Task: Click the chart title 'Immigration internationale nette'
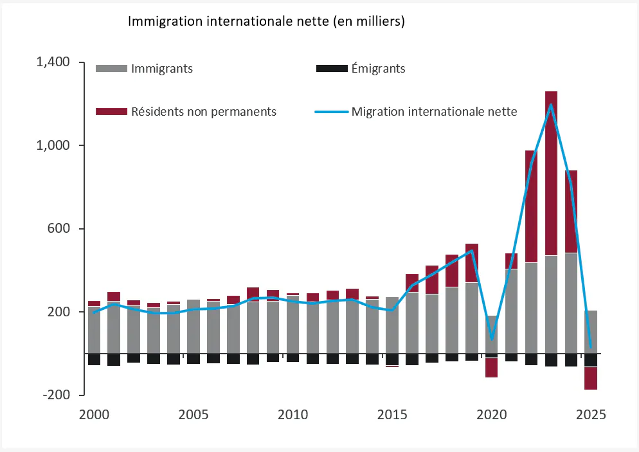266,21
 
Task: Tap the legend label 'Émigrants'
378,68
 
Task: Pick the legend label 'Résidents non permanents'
203,111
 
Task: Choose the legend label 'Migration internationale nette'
434,111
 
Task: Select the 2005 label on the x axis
193,414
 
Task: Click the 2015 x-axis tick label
392,414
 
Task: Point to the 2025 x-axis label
591,414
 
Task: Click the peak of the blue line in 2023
551,105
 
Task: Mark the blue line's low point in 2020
491,338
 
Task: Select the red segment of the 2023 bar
551,174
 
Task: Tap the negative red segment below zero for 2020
491,368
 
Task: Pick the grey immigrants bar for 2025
591,332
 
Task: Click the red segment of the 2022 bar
531,206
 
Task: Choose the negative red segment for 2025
591,378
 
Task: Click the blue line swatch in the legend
331,111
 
